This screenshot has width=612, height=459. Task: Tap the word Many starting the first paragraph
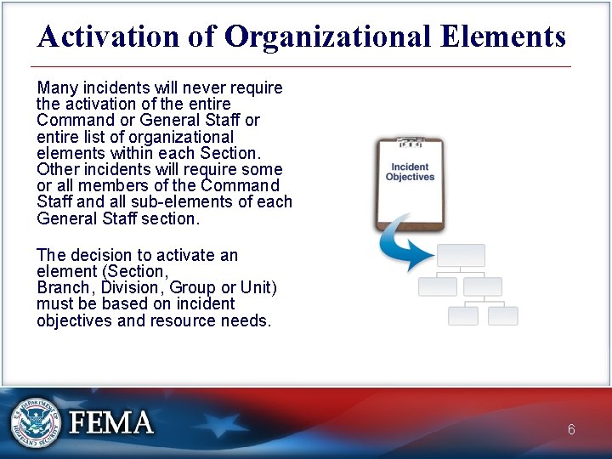point(57,88)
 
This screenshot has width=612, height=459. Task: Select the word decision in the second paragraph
point(105,256)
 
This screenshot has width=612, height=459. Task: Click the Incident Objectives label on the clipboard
point(410,173)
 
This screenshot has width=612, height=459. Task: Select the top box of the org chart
point(461,256)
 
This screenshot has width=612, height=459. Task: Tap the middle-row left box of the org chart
point(438,286)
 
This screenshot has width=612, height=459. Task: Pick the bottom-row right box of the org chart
point(503,316)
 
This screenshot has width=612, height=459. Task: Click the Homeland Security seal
point(35,422)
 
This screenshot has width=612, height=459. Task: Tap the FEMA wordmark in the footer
point(111,423)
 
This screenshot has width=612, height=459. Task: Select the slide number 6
point(571,430)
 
